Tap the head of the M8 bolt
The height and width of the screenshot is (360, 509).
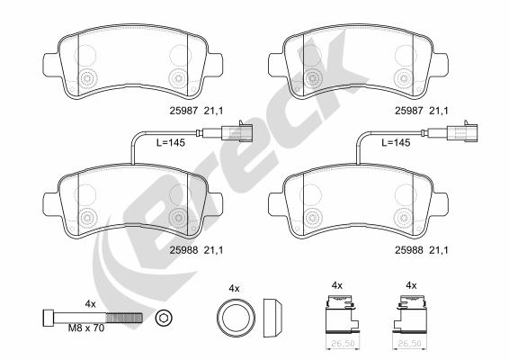[x=48, y=317]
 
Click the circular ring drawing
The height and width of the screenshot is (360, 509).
[x=235, y=317]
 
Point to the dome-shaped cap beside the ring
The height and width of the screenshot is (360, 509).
[x=272, y=317]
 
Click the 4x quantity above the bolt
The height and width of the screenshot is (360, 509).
[x=90, y=303]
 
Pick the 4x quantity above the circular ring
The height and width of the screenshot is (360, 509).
[x=235, y=288]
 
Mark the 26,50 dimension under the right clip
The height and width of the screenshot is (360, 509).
[x=413, y=342]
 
